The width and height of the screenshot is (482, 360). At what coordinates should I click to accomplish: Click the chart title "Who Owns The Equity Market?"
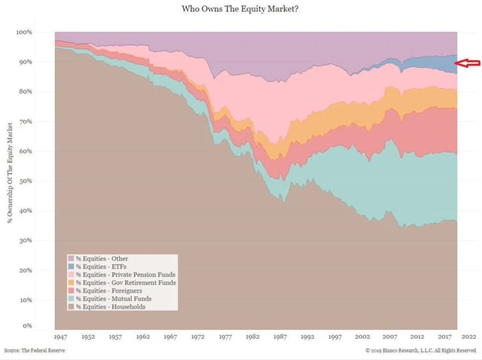[241, 11]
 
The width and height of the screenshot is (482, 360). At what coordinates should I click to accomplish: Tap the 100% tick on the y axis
[23, 32]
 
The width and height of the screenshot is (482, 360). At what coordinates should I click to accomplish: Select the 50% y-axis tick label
[25, 181]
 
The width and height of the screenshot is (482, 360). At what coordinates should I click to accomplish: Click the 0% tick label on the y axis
[27, 326]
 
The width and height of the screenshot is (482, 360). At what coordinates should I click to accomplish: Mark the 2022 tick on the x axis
[468, 338]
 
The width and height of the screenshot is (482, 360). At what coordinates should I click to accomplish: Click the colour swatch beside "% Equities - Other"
[71, 258]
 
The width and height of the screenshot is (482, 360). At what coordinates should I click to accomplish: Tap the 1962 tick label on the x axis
[144, 338]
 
